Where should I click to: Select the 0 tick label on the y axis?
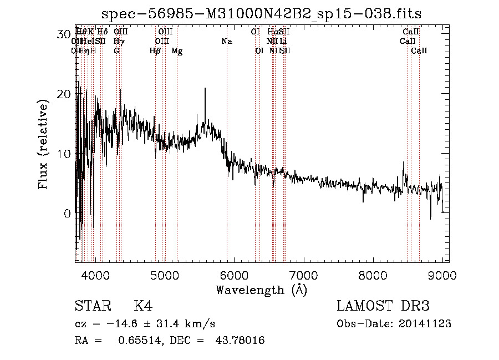pos(67,214)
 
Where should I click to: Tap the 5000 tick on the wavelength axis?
pos(164,273)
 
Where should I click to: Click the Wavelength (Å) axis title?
pos(261,290)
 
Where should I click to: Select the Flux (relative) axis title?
pos(44,144)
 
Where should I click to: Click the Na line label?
pos(226,41)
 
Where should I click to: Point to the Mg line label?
pos(177,51)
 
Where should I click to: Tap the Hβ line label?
pos(155,51)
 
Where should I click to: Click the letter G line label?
pos(116,51)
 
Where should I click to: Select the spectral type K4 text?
pos(143,307)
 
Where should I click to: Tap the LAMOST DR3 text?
pos(383,307)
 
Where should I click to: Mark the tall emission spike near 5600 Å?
pos(205,90)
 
